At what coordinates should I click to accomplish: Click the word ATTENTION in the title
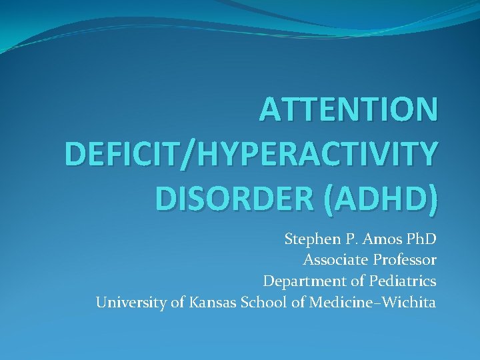tap(349, 110)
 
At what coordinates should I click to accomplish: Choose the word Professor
tap(404, 259)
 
